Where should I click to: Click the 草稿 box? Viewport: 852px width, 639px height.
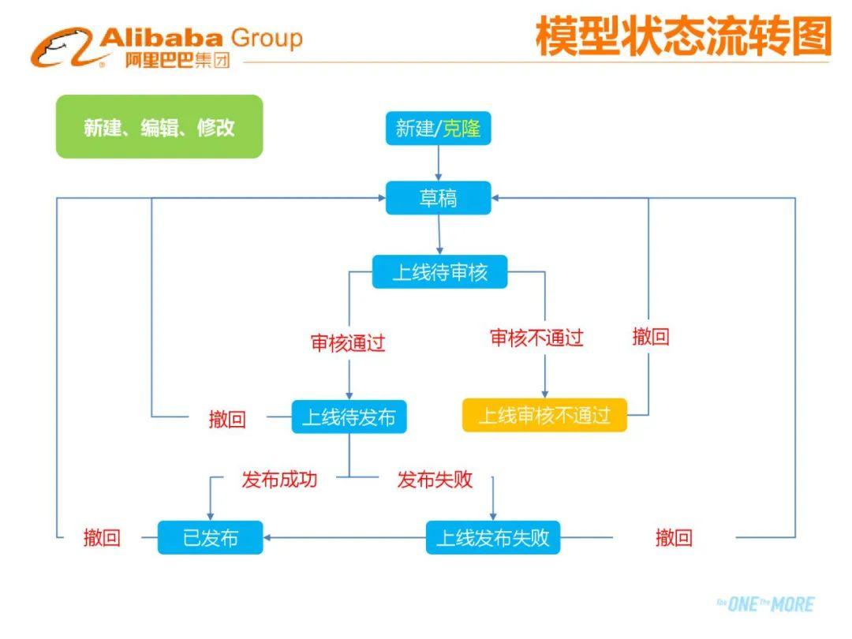coord(438,198)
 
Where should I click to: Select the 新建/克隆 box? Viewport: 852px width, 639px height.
coord(438,128)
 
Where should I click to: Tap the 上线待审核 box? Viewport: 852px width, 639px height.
coord(439,272)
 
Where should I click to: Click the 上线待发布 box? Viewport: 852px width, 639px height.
coord(349,417)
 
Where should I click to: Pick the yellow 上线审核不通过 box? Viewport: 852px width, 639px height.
coord(544,415)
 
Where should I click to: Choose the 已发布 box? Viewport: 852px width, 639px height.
coord(211,538)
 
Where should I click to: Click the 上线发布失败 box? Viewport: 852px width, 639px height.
coord(493,538)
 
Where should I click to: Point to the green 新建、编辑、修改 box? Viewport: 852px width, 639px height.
coord(159,127)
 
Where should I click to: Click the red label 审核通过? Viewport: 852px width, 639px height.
coord(348,343)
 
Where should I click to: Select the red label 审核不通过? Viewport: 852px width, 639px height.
coord(536,338)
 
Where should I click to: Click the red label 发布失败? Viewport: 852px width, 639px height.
coord(435,479)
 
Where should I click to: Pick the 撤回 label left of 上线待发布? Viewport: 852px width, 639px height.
coord(227,419)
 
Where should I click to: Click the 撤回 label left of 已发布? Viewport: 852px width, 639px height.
coord(103,538)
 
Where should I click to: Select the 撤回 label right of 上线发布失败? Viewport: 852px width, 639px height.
coord(674,538)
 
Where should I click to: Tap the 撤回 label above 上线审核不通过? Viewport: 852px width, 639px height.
coord(651,337)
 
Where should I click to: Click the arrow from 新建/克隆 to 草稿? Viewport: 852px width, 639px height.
coord(438,163)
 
